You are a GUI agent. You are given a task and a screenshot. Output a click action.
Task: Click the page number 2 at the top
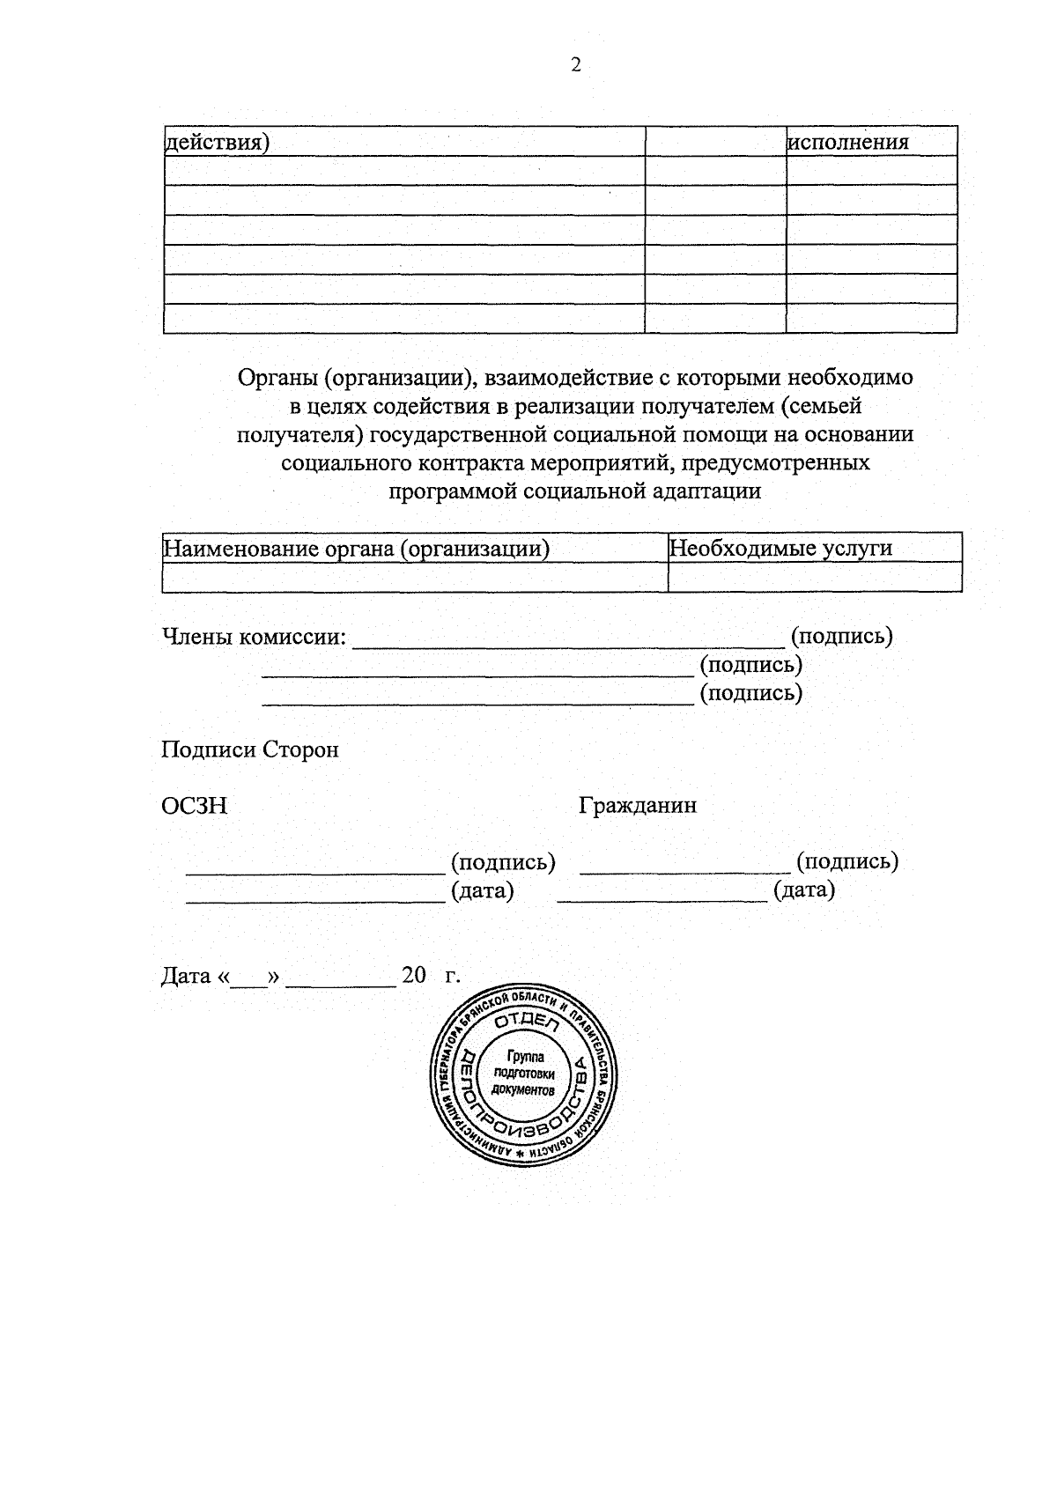(576, 65)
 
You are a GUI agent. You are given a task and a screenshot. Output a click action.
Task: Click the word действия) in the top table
(218, 143)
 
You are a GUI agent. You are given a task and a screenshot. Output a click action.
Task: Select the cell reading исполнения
(848, 142)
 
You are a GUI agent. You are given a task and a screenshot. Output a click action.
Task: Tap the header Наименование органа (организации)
(357, 550)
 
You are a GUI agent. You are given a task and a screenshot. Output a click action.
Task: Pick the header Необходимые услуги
(780, 549)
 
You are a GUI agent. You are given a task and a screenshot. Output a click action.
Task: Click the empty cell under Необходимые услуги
(814, 578)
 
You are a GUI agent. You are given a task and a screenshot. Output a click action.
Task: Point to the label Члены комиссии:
(254, 636)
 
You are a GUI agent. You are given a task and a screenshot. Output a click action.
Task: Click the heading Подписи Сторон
(249, 750)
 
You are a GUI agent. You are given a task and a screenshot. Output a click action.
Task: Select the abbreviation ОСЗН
(194, 806)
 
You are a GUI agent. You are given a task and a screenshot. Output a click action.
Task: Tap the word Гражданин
(638, 805)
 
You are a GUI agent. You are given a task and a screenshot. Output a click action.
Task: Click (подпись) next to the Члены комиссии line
(842, 636)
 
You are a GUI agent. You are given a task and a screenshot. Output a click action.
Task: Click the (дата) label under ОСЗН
(482, 890)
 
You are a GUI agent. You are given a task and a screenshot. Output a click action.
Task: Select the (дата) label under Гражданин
(804, 889)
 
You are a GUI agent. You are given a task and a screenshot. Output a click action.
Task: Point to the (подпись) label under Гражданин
(846, 861)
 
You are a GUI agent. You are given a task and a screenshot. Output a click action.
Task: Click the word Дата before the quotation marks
(186, 977)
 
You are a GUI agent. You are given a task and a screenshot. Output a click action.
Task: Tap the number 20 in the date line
(413, 976)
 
